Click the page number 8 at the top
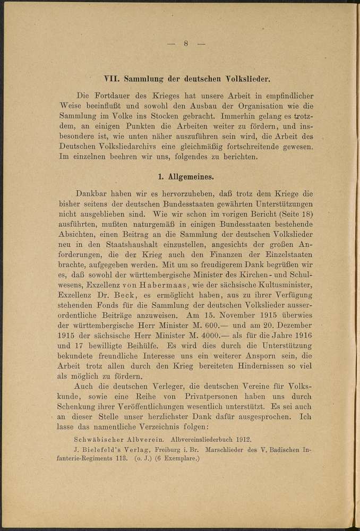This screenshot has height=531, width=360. [186, 44]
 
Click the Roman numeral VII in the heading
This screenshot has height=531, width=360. [112, 80]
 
